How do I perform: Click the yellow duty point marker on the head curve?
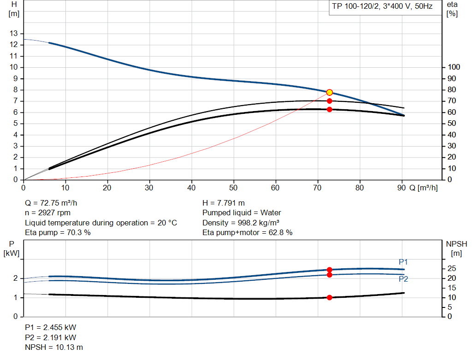point(330,92)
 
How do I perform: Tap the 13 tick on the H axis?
point(13,34)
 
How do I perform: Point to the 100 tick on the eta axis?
point(454,67)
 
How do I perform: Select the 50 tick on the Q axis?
point(234,188)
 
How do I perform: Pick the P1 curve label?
point(403,262)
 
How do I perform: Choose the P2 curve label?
point(403,279)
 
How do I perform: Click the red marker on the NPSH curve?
point(330,297)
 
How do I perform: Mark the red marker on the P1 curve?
point(330,270)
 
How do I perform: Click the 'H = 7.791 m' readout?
point(224,203)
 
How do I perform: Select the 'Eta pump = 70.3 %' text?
point(58,233)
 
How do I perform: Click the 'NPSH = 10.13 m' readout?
point(54,347)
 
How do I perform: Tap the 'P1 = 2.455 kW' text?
point(51,327)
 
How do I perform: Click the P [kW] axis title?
point(12,248)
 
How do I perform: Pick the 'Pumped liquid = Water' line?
point(242,213)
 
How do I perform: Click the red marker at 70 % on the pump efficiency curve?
point(330,100)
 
